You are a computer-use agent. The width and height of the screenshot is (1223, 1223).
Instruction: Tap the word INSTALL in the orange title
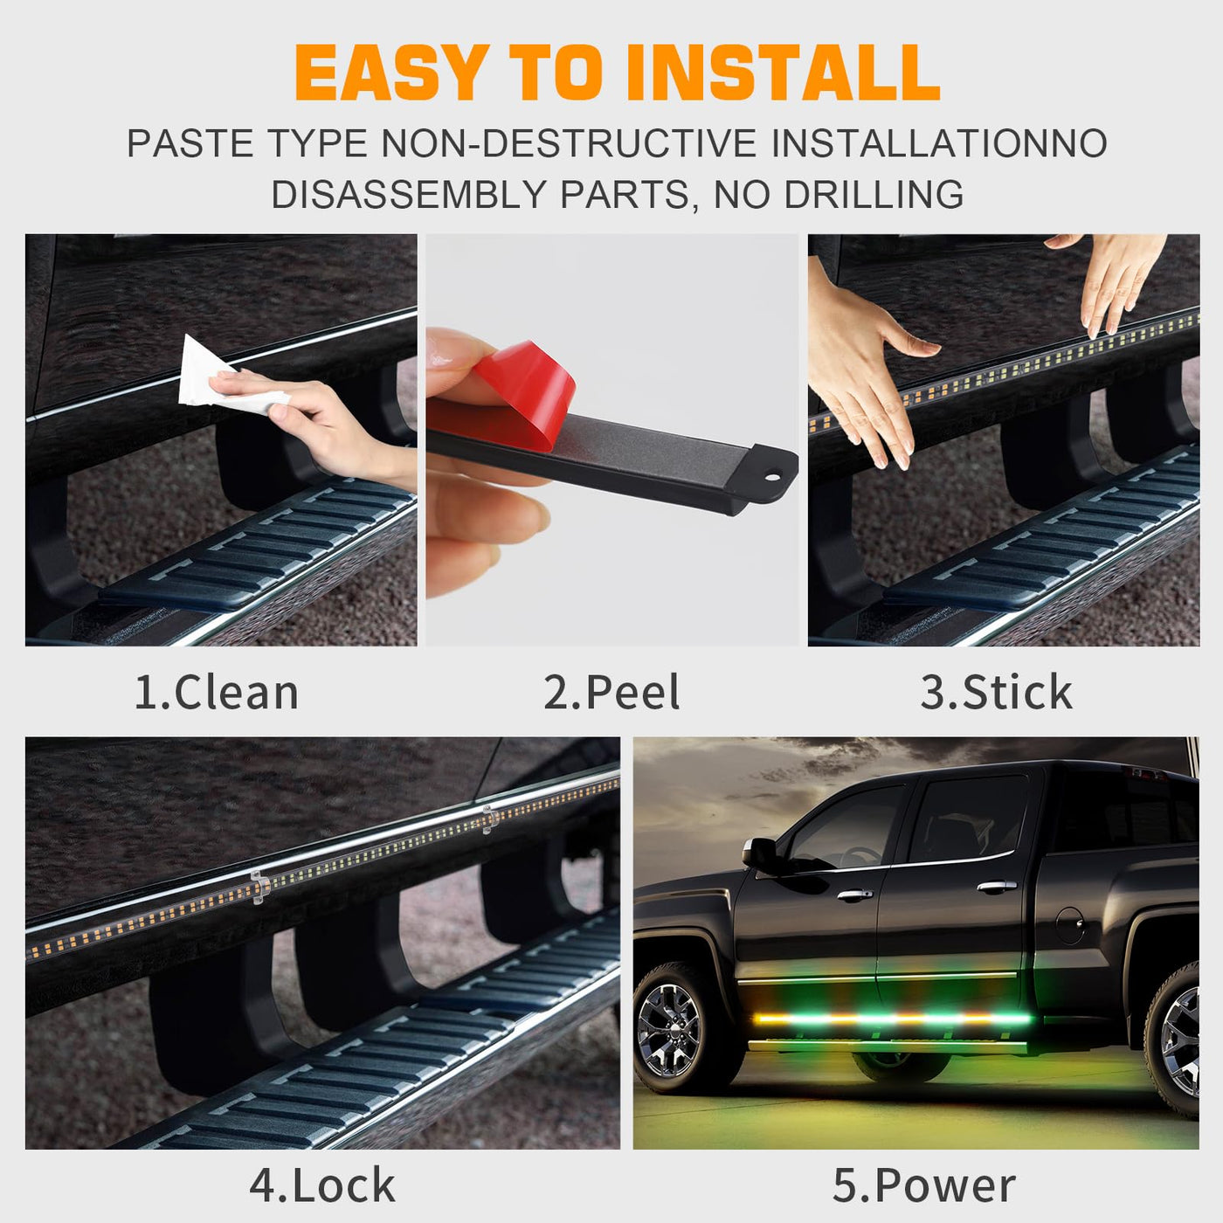click(783, 73)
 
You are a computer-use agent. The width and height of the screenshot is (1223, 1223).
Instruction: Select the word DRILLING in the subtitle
click(874, 194)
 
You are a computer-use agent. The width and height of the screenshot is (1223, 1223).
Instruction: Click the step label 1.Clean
click(217, 692)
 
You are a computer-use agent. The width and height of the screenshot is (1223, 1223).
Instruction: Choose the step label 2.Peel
click(611, 692)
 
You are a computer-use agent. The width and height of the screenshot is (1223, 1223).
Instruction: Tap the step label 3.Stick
click(997, 692)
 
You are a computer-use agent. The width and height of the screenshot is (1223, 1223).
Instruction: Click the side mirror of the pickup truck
click(760, 853)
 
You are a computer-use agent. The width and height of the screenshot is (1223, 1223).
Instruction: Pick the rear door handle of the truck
click(997, 886)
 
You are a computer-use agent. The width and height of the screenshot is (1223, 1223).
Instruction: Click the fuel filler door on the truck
click(1071, 926)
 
